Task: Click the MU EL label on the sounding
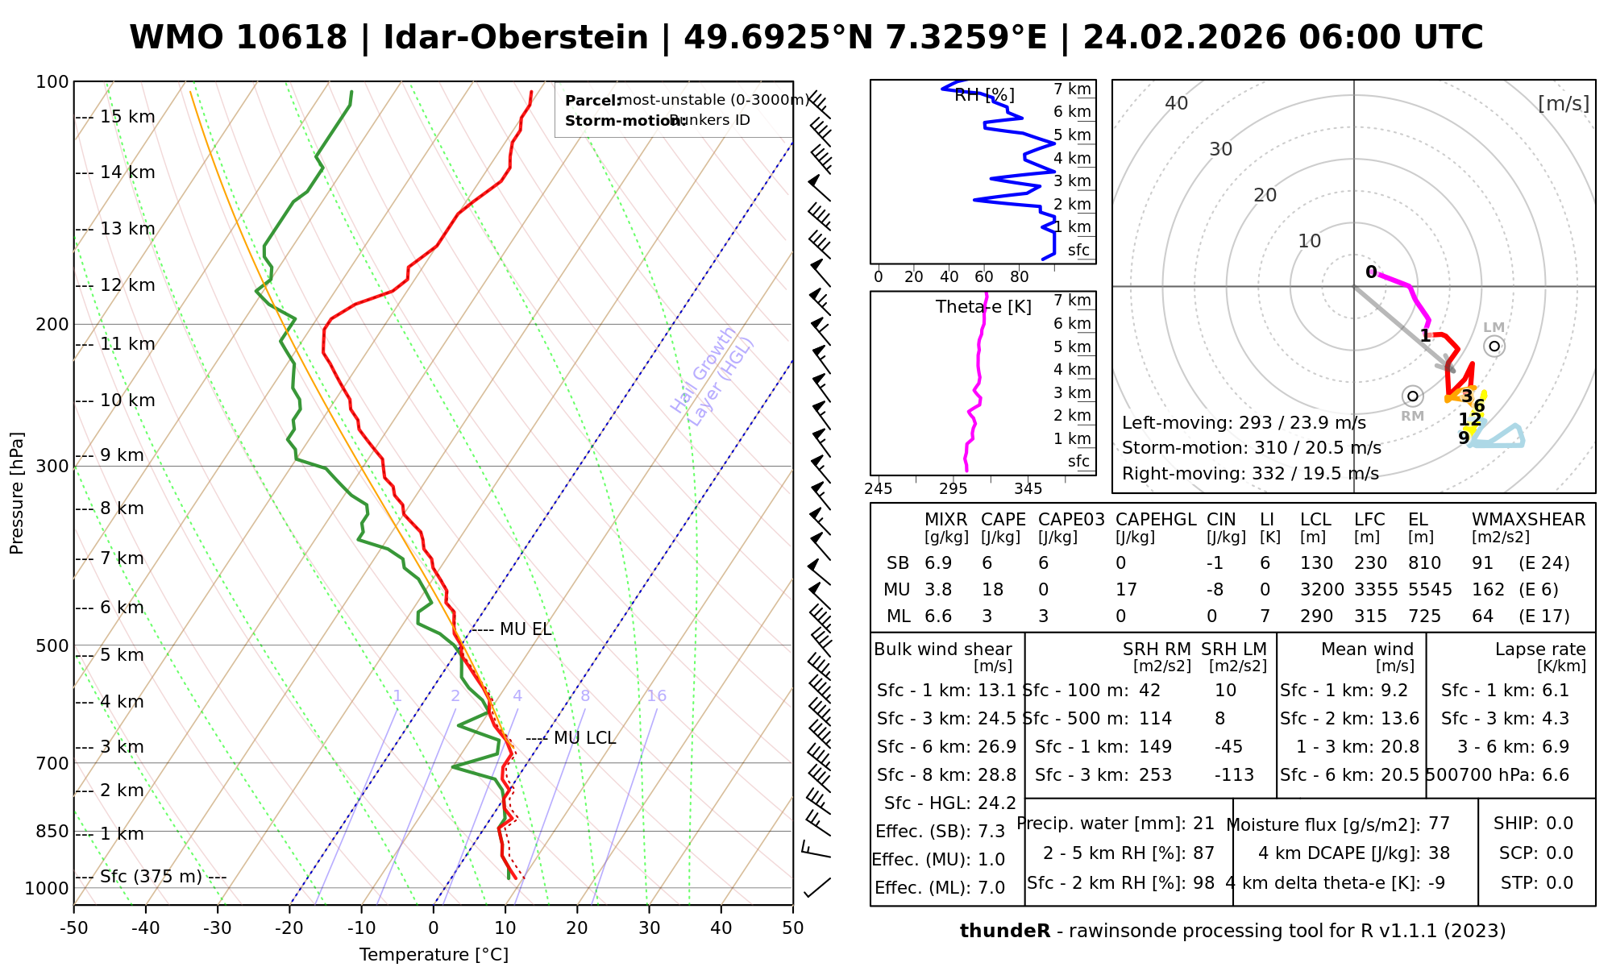[526, 629]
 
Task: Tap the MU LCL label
[584, 738]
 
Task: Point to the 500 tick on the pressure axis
[53, 646]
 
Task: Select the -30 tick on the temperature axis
[218, 928]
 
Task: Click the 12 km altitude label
[127, 285]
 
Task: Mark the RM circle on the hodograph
[1412, 396]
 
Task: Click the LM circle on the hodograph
[1494, 346]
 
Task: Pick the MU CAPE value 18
[992, 590]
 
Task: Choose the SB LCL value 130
[1316, 563]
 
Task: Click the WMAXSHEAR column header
[1528, 520]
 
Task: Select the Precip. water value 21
[1203, 824]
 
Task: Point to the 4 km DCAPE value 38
[1439, 853]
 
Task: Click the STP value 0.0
[1559, 883]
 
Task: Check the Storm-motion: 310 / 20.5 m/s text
[1251, 448]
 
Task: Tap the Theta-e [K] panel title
[983, 307]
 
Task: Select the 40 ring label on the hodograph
[1177, 103]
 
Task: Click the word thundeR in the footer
[1004, 932]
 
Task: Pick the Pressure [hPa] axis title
[17, 493]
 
